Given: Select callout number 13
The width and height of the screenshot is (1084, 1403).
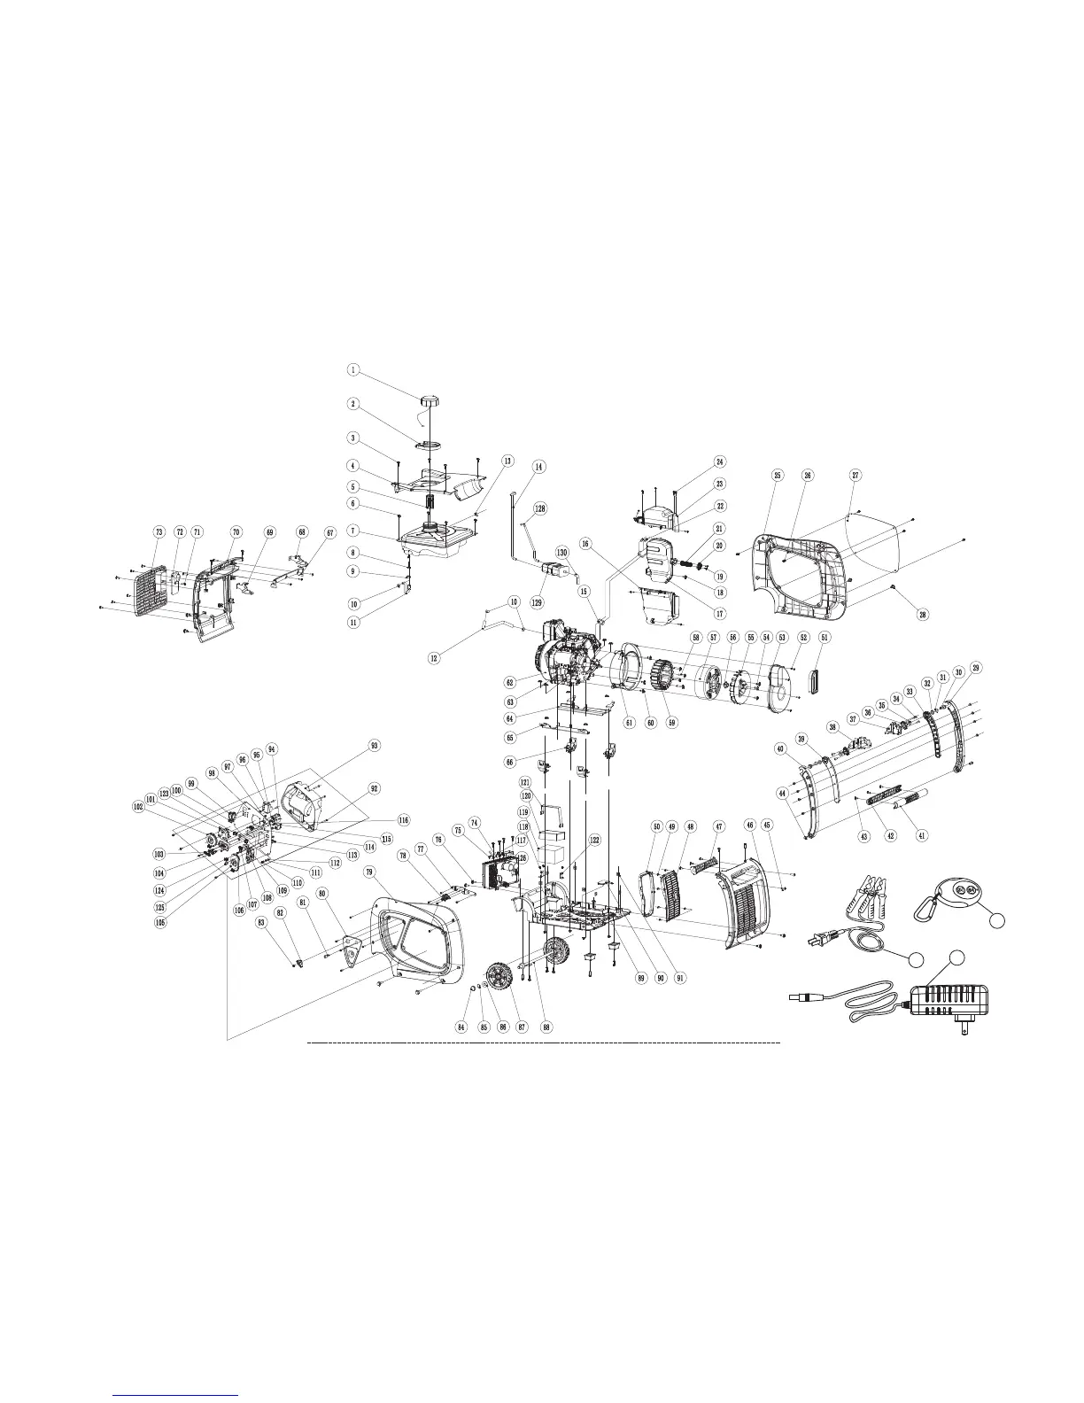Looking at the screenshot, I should [x=507, y=461].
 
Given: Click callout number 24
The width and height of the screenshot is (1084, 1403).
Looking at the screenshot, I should [x=720, y=461].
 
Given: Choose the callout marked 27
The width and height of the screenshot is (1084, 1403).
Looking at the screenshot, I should [x=856, y=476].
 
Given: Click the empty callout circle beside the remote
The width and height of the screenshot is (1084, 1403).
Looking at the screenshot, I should [x=996, y=921].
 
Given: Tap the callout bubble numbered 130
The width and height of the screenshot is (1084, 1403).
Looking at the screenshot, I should [x=561, y=552].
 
